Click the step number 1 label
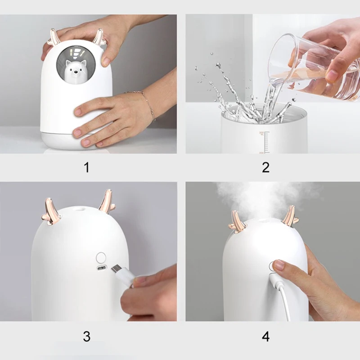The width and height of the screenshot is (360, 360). (x=86, y=167)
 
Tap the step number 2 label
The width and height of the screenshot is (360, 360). (x=265, y=167)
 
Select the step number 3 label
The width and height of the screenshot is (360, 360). (x=86, y=336)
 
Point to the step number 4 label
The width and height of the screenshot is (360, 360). (x=265, y=336)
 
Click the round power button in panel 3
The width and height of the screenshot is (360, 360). (x=101, y=257)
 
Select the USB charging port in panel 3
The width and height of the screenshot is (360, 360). (x=101, y=268)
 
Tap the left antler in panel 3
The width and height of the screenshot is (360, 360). (x=51, y=211)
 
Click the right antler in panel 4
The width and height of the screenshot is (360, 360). (x=290, y=216)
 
